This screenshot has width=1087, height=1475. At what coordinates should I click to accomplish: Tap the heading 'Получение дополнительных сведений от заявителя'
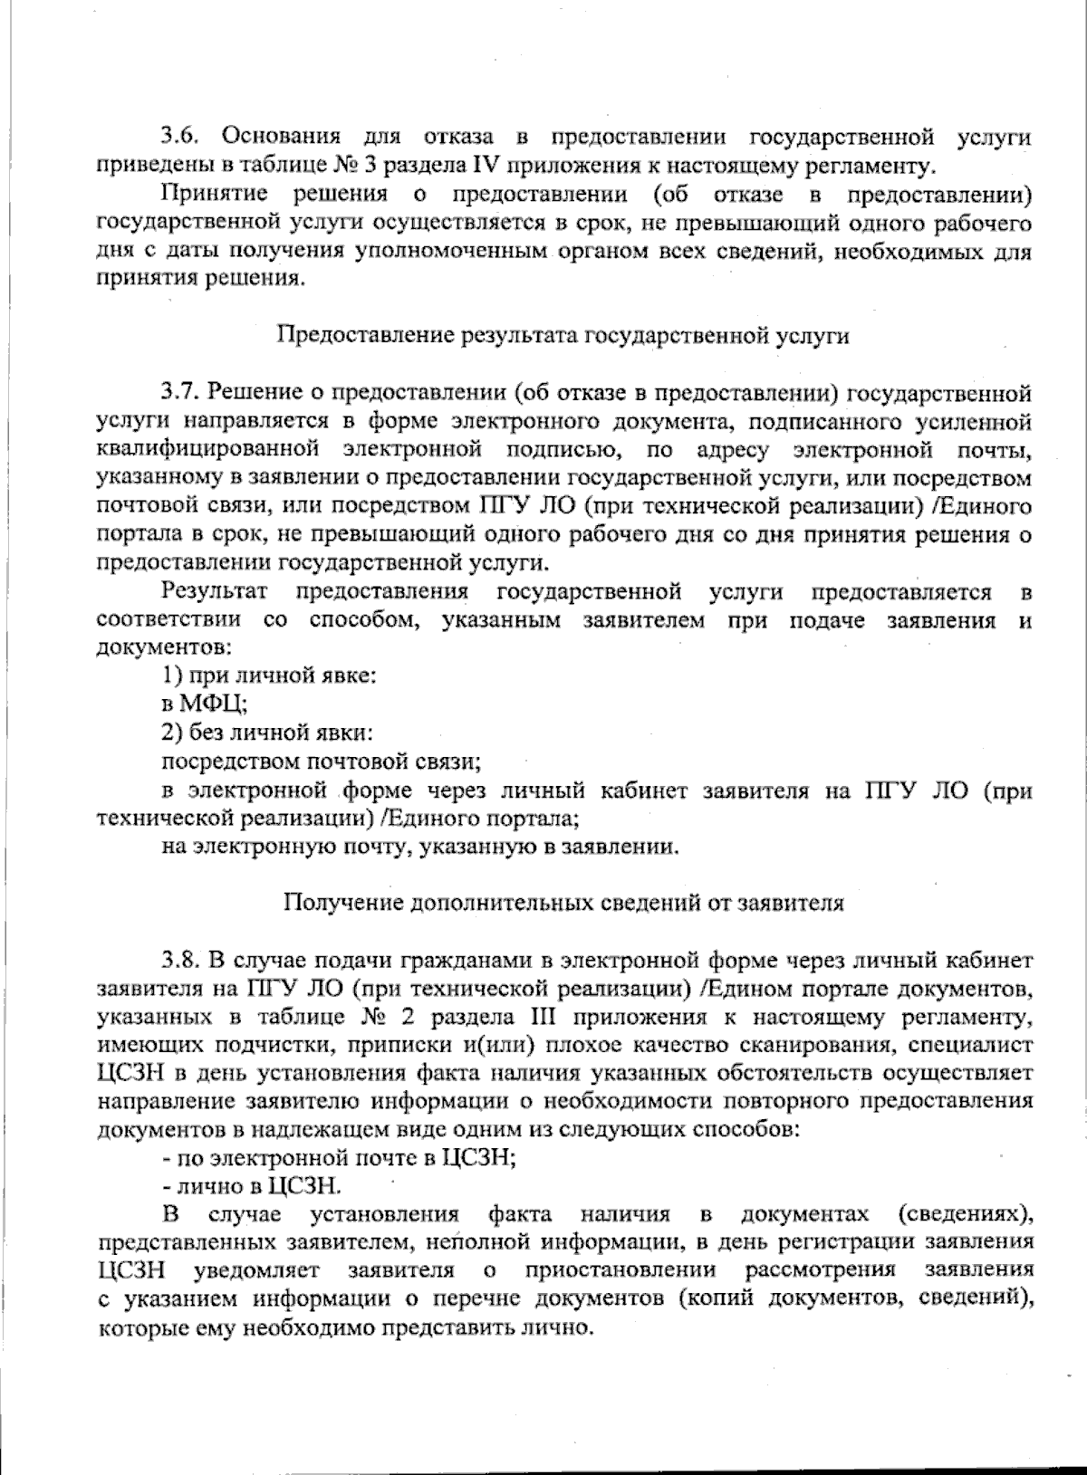[x=563, y=903]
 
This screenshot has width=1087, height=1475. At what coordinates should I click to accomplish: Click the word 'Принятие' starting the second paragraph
[x=214, y=194]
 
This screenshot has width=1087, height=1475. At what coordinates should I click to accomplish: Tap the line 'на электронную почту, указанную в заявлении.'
[x=420, y=847]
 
